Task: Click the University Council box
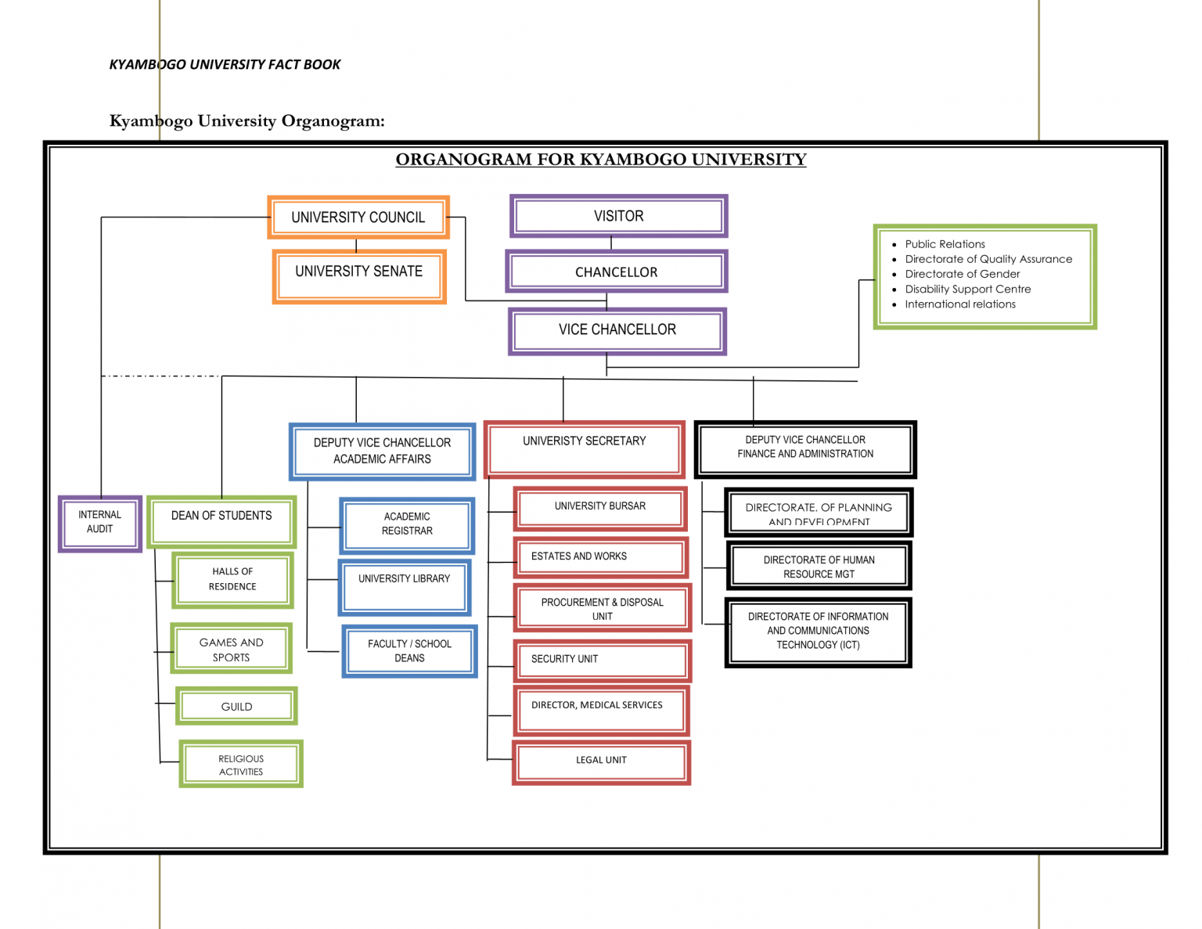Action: [x=358, y=217]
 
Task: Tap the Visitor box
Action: [x=618, y=216]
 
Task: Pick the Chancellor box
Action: [x=617, y=272]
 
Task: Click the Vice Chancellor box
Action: [x=617, y=330]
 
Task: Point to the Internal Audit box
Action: [x=100, y=523]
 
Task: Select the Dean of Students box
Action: [x=221, y=521]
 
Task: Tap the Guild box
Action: [x=236, y=707]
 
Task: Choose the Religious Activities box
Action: [x=241, y=765]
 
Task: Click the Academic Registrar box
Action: [x=407, y=524]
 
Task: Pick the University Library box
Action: [x=405, y=586]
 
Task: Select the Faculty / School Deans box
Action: [x=409, y=651]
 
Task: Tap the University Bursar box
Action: [x=600, y=508]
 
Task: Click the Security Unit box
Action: [x=601, y=660]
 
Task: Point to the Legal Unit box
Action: [x=601, y=761]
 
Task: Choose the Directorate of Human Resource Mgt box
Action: [x=819, y=567]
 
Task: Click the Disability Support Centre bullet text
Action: [x=968, y=289]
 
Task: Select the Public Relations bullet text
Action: [x=945, y=244]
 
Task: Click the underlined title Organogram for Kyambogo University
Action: [x=600, y=160]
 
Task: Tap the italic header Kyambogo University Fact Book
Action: [x=225, y=64]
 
